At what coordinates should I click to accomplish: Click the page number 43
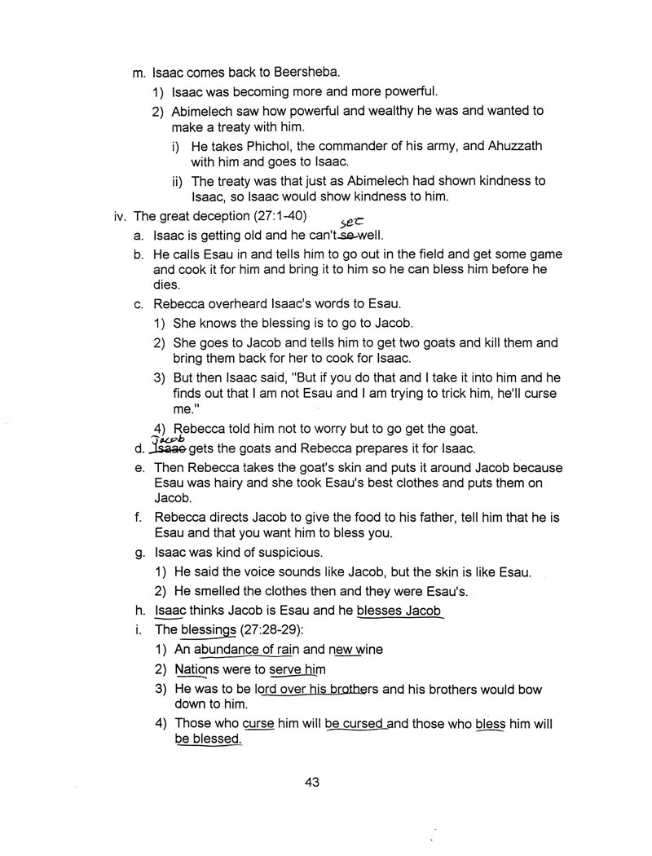pos(311,782)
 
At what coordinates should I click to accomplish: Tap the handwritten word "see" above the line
pos(352,222)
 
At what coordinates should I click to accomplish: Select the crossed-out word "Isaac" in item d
pos(170,448)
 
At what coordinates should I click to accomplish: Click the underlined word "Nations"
pos(197,669)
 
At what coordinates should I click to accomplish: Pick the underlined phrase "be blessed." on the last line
pos(208,739)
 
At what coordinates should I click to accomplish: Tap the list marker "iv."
pos(121,217)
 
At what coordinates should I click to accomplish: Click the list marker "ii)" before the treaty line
pos(178,181)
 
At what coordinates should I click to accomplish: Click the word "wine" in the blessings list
pos(367,650)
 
